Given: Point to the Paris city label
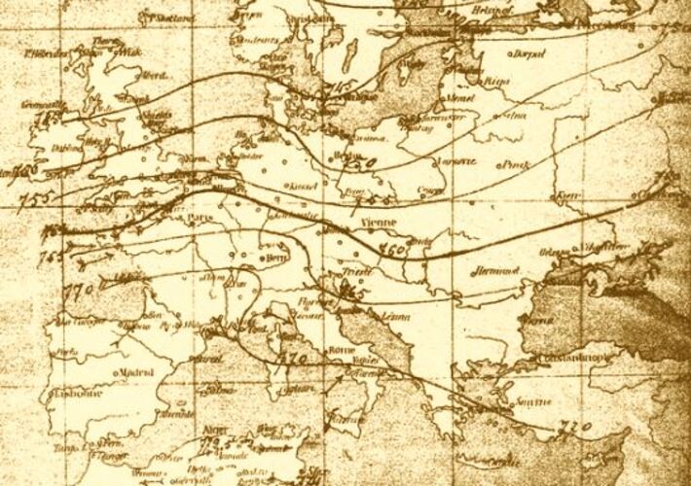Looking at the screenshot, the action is coord(201,217).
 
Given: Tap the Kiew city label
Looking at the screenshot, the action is coord(564,197).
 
